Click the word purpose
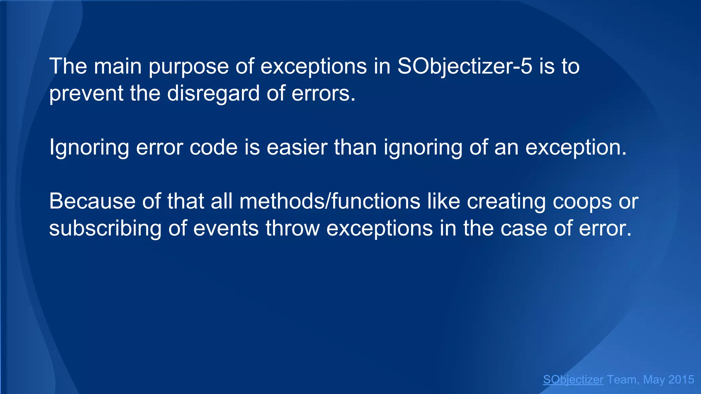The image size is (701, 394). (189, 67)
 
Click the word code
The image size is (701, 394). (213, 147)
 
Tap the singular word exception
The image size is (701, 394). (575, 148)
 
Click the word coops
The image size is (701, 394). (582, 202)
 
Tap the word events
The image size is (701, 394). (226, 228)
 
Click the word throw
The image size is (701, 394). (293, 228)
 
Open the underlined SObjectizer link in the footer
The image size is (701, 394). (573, 380)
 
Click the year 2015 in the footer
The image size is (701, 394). (681, 380)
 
